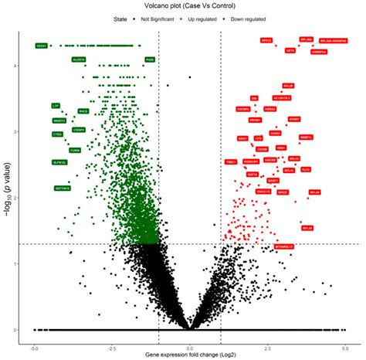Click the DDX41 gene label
(42, 46)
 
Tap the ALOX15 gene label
(80, 59)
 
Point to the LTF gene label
(55, 105)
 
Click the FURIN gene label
(75, 150)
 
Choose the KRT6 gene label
(290, 51)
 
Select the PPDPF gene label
(293, 119)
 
